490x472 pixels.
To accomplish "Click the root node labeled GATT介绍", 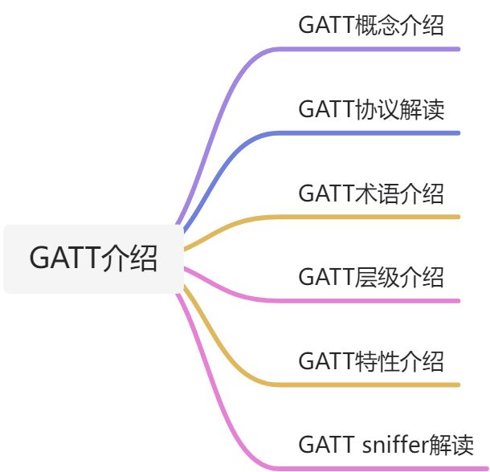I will [93, 259].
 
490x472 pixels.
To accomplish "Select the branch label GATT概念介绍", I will [370, 25].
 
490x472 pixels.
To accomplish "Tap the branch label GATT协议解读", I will [370, 109].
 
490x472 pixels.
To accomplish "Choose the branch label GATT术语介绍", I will [370, 193].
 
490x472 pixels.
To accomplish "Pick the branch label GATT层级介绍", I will [370, 278].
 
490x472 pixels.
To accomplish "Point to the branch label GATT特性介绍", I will [370, 361].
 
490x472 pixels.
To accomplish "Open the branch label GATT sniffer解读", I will [386, 444].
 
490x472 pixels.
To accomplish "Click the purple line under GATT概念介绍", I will [378, 49].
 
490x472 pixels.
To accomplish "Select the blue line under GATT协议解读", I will [378, 132].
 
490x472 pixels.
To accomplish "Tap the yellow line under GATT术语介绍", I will [378, 217].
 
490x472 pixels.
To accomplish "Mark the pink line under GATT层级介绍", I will [378, 301].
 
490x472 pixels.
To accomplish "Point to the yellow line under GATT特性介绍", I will [378, 385].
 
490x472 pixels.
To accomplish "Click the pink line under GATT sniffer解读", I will [378, 468].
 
